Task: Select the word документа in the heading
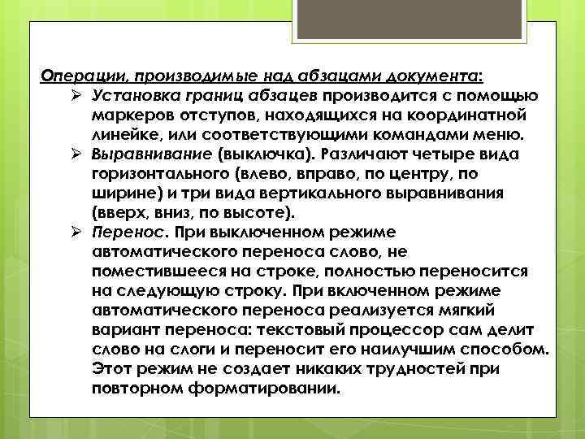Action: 439,76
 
